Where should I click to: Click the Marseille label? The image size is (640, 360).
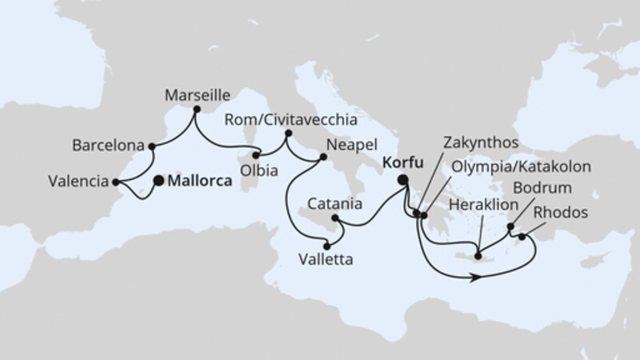(x=193, y=94)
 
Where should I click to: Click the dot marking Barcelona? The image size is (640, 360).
(x=151, y=147)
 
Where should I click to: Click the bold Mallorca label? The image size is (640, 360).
(x=197, y=182)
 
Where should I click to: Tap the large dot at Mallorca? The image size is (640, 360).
(x=158, y=181)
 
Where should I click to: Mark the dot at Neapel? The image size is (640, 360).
(x=322, y=157)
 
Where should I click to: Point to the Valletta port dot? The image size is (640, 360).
(x=326, y=246)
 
